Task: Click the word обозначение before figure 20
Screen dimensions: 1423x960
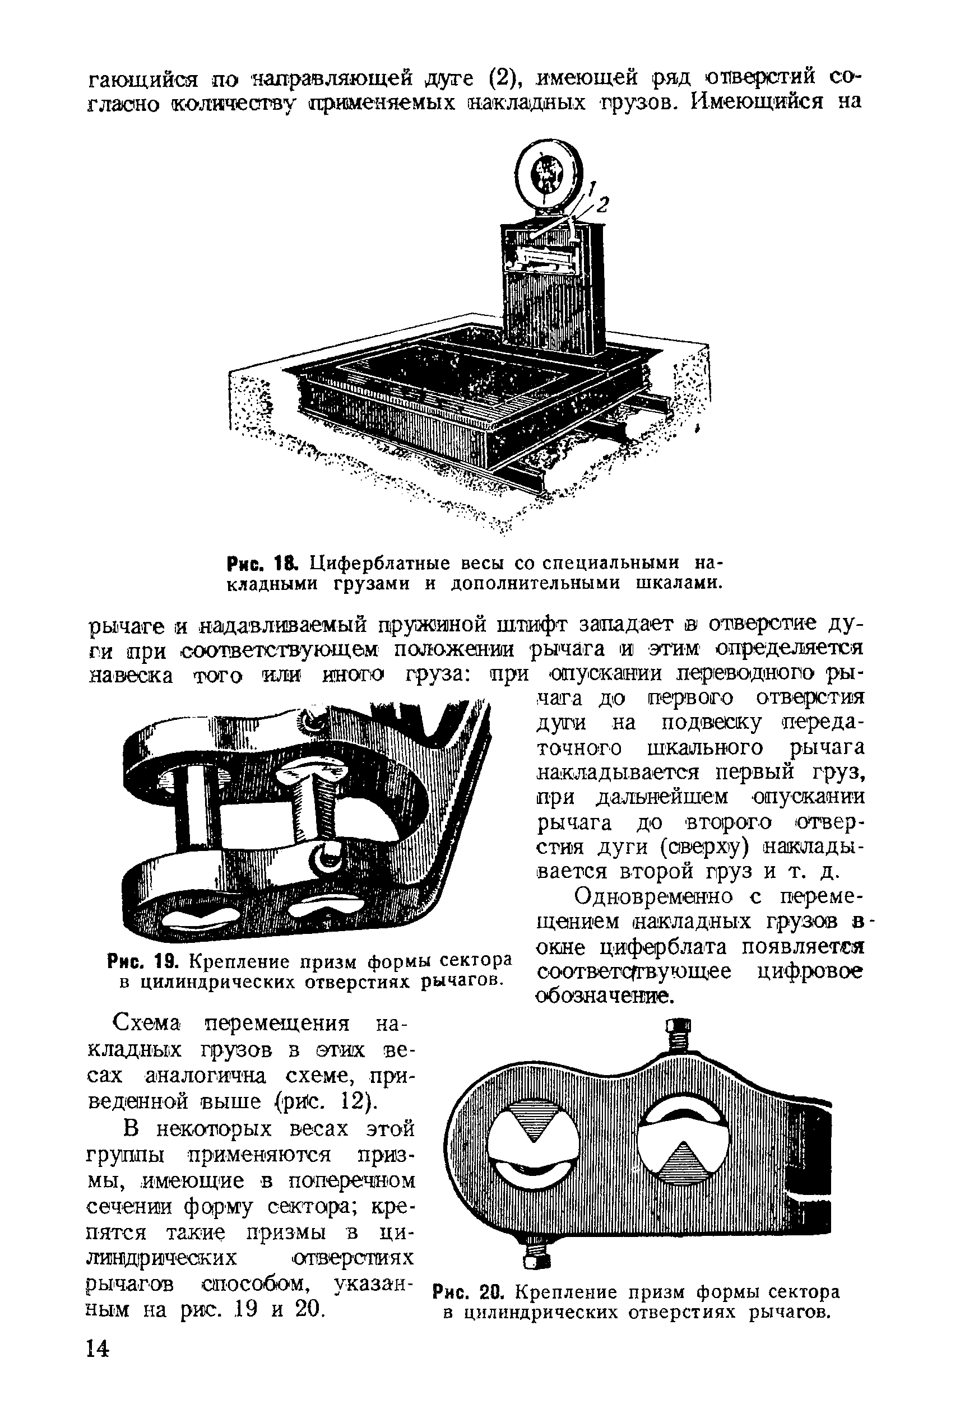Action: (604, 997)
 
